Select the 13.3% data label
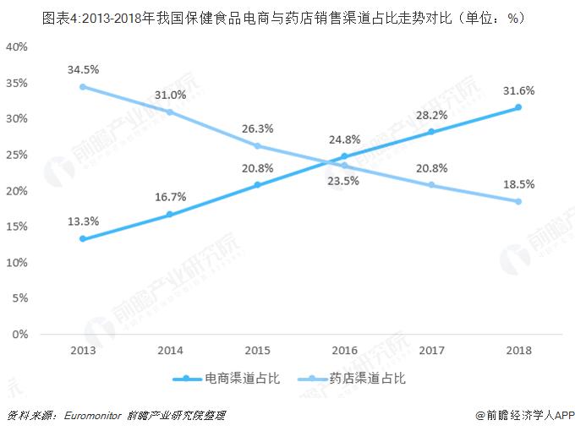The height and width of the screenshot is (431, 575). (x=83, y=221)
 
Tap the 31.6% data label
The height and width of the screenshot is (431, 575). (x=517, y=90)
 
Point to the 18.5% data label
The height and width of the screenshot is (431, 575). (x=517, y=183)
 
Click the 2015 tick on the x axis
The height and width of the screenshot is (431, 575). (x=257, y=349)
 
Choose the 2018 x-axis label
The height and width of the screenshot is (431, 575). (x=517, y=349)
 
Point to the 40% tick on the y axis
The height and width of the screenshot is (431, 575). (x=18, y=46)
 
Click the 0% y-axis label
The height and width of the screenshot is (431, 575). (x=21, y=335)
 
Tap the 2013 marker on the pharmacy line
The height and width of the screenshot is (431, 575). (x=83, y=86)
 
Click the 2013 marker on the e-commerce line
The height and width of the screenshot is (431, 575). (x=83, y=239)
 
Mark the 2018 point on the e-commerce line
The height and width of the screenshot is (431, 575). (x=517, y=107)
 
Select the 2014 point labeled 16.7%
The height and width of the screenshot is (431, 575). (x=170, y=215)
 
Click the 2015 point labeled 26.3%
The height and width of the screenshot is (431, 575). (x=257, y=145)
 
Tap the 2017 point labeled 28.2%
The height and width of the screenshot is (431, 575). (x=430, y=132)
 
